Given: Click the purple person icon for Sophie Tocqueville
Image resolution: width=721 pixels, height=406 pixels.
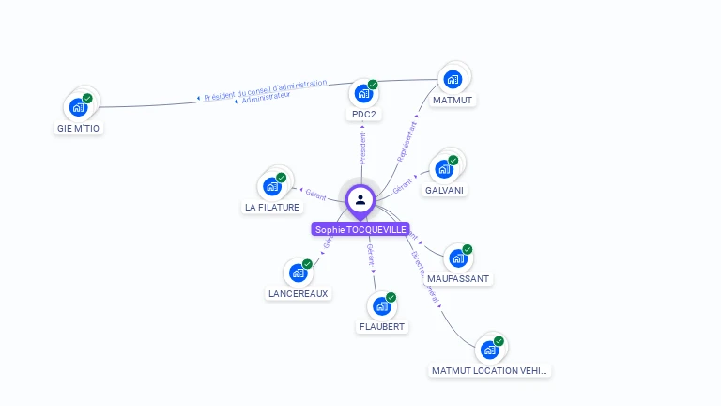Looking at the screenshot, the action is pos(360,199).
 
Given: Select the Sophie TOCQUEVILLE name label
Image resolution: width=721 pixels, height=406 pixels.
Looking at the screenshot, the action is pos(361,229).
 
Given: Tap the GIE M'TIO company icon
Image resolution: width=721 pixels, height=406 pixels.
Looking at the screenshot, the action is pos(78,106).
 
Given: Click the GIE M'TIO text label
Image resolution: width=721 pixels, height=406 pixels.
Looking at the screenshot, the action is pos(78,129).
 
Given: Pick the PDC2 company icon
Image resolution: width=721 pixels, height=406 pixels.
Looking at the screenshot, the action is pos(362,94).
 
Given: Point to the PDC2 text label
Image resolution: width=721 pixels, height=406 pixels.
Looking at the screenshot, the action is pos(363,115).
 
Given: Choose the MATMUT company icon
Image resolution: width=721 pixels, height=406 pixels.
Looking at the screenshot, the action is pos(453,79).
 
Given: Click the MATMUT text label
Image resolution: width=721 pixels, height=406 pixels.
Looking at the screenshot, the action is pos(453,100).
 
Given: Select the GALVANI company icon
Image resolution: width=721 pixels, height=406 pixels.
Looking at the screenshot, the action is pos(443,170).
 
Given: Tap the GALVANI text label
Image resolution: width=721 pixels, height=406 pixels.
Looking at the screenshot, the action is pos(444,190).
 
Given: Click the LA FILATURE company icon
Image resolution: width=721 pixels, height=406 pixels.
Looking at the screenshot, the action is pos(272,186).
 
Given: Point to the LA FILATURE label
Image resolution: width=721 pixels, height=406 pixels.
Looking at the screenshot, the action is pos(272,207).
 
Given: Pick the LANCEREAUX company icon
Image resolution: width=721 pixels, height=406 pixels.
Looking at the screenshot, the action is pos(298,273).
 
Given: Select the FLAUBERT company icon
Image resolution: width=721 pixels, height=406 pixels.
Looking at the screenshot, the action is pos(381,306).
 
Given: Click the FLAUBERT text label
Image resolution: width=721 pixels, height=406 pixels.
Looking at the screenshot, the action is pos(382,327).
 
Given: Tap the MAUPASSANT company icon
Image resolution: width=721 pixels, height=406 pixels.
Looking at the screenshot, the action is pos(457,258).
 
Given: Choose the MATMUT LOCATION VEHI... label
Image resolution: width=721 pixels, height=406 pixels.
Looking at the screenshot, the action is pos(489,371).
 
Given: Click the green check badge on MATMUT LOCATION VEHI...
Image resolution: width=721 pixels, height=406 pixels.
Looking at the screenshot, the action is pos(499,341).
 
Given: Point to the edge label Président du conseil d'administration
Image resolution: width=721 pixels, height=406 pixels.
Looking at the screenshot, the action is pos(266,89).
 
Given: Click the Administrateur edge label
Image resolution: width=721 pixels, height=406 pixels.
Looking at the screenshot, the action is pos(266,97).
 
